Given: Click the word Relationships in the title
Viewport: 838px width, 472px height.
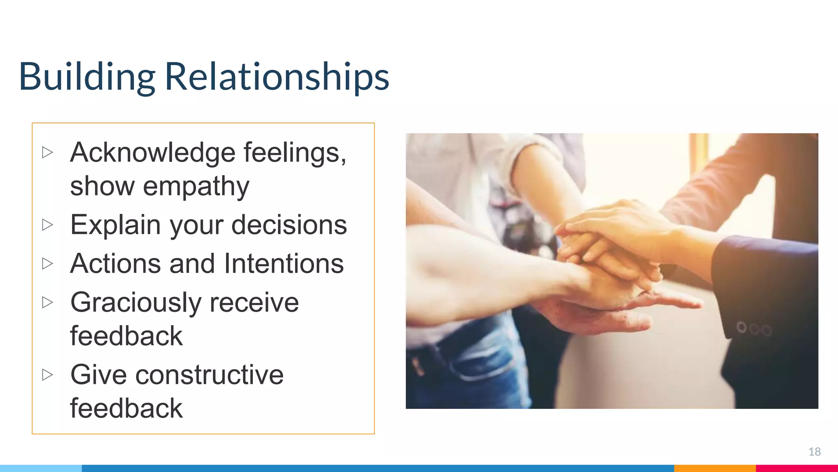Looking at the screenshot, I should point(277,77).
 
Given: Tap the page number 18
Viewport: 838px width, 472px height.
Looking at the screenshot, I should point(814,452).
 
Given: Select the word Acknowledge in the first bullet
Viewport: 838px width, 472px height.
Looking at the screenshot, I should point(152,153).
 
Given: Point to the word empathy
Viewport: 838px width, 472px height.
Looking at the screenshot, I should point(196,186).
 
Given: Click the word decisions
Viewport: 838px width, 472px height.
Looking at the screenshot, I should point(289,225).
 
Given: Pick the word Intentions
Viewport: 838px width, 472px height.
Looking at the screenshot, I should point(284,263).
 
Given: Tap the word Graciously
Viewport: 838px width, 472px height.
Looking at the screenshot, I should point(135,303).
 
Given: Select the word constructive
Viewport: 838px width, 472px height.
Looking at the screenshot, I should point(209,375).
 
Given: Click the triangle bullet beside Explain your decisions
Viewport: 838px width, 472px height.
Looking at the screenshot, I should point(47,225).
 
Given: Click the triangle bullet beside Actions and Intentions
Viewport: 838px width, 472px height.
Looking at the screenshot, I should point(47,263).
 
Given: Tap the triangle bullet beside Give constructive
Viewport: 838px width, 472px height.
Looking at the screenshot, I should point(47,374).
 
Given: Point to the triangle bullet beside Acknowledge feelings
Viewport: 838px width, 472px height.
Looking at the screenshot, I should point(47,152).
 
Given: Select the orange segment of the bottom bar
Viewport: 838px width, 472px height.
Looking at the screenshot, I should point(714,468).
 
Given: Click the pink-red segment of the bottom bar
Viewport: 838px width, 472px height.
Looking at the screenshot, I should point(796,468).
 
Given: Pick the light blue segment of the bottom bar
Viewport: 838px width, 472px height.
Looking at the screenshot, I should point(41,468).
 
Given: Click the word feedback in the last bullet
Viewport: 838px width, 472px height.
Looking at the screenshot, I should point(126,408).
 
